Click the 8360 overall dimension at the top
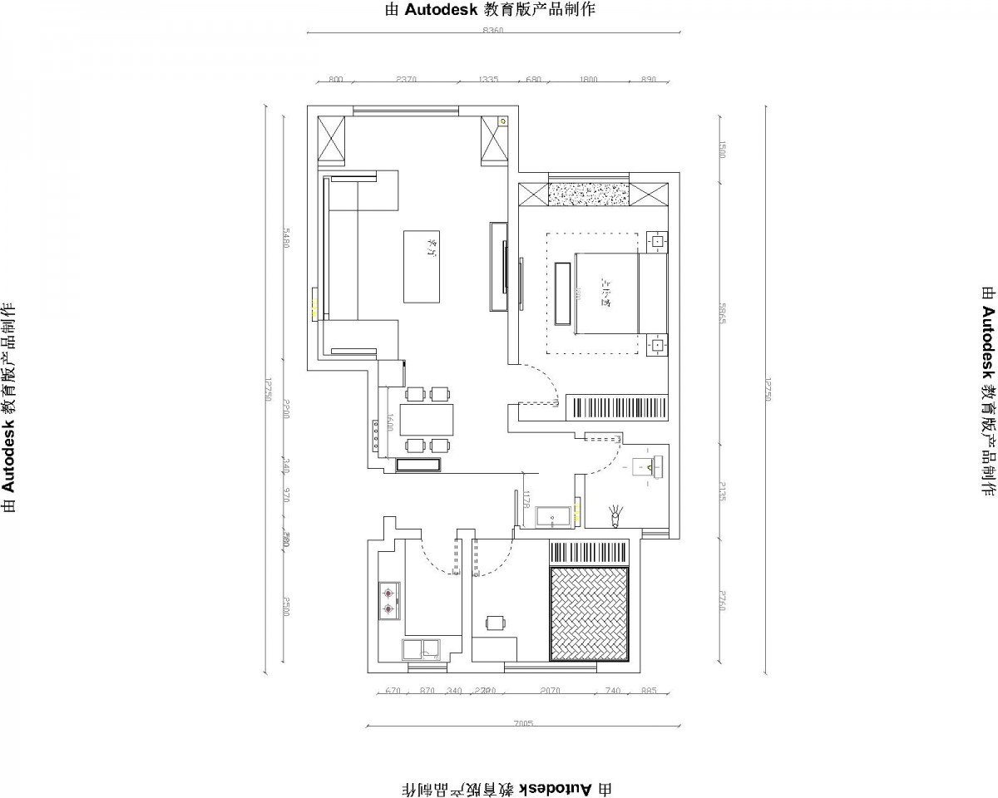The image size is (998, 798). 493,31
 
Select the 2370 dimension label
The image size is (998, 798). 407,80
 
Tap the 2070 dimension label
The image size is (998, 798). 550,691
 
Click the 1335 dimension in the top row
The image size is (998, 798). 488,80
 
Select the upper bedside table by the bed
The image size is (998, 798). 657,241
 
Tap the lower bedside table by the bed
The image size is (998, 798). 657,343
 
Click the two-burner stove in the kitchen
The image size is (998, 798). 388,601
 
